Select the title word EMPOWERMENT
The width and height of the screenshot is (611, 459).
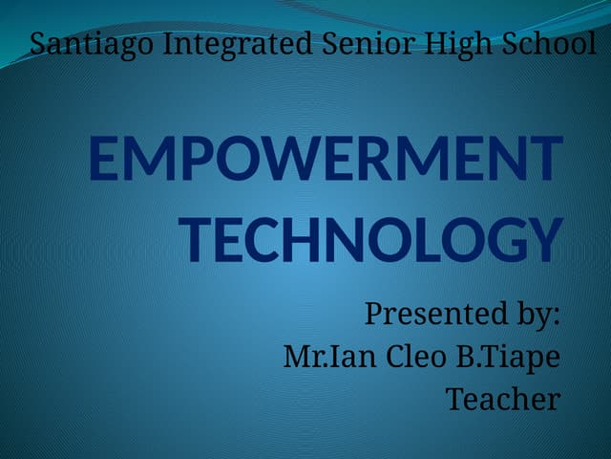point(325,160)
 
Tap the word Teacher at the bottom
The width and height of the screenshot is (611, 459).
point(503,399)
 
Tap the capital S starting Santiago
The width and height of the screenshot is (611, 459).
point(38,44)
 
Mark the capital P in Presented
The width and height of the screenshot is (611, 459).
point(376,314)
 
